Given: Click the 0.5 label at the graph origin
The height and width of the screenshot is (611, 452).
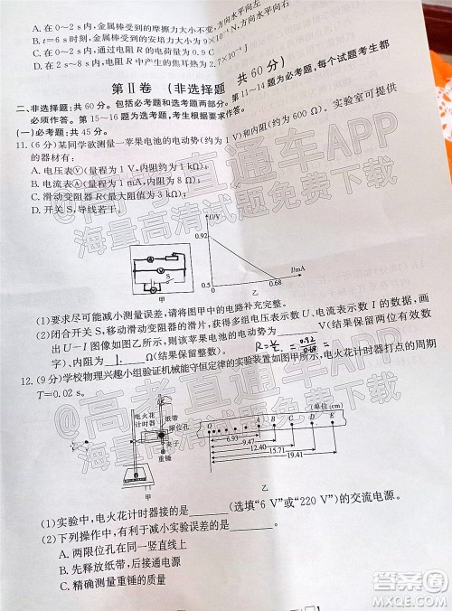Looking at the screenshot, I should click(205, 285).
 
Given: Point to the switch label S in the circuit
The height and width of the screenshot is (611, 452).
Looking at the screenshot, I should click(160, 269).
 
